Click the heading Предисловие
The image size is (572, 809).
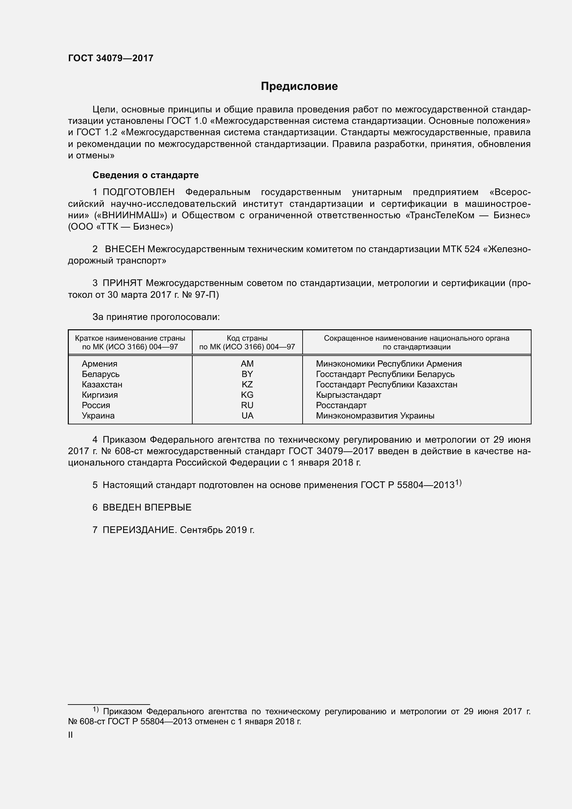[x=299, y=86]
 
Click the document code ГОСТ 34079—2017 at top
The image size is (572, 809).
[x=111, y=58]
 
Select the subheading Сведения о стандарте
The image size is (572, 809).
[x=146, y=175]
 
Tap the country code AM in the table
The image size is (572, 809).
[x=247, y=364]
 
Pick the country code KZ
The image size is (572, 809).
[x=247, y=384]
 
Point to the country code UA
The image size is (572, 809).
[x=247, y=415]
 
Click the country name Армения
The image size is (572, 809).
[x=100, y=364]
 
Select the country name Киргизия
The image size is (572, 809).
[x=100, y=395]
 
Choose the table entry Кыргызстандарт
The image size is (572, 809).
[x=349, y=395]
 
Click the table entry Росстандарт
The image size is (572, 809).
[x=341, y=405]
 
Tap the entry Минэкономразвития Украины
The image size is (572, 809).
[x=375, y=415]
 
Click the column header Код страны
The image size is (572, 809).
[x=247, y=338]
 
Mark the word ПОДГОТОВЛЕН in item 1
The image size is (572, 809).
[x=139, y=192]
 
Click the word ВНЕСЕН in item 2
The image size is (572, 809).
[x=125, y=249]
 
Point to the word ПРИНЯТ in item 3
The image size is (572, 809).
[x=122, y=283]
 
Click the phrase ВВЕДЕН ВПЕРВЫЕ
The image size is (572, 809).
[x=147, y=507]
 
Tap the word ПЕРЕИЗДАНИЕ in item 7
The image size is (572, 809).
[x=139, y=530]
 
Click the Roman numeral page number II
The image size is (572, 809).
[x=71, y=735]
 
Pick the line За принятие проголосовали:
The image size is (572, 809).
[x=156, y=317]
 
